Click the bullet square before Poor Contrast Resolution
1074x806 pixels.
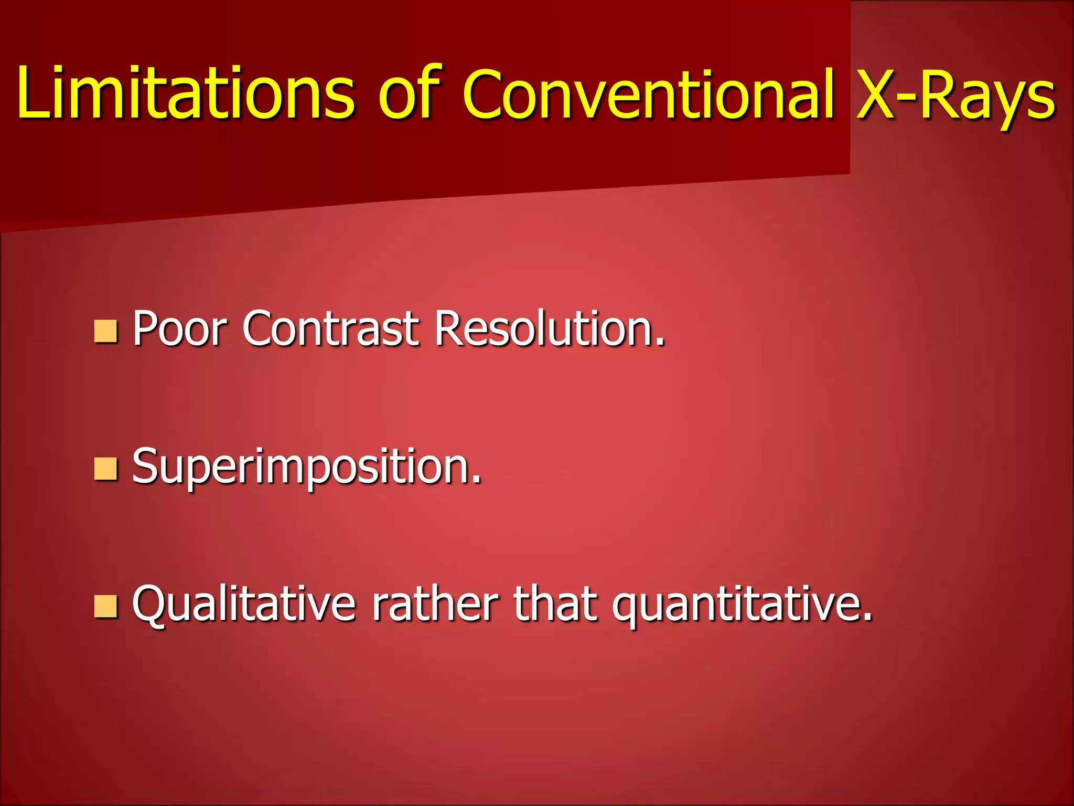[105, 331]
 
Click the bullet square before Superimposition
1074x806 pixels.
[105, 469]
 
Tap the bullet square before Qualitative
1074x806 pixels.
[105, 606]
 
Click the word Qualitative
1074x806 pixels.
[244, 604]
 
